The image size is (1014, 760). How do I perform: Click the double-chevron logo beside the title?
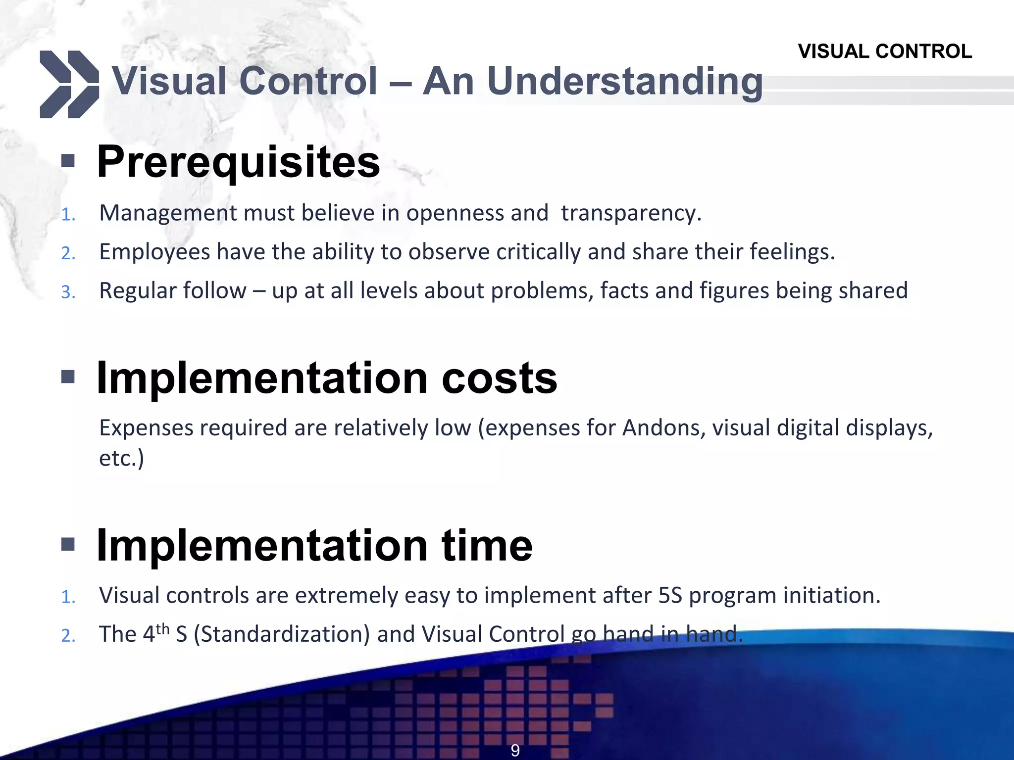pyautogui.click(x=69, y=84)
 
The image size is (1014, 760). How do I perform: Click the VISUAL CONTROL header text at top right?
pyautogui.click(x=884, y=51)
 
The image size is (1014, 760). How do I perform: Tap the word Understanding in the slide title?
pyautogui.click(x=624, y=82)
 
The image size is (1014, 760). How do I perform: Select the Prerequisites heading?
pyautogui.click(x=238, y=162)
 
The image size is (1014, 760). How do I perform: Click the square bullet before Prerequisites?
pyautogui.click(x=68, y=161)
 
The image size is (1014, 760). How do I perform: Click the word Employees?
pyautogui.click(x=154, y=252)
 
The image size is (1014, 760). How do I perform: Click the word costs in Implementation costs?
pyautogui.click(x=499, y=378)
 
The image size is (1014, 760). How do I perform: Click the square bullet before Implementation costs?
pyautogui.click(x=68, y=378)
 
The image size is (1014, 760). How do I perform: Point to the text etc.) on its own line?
pyautogui.click(x=121, y=458)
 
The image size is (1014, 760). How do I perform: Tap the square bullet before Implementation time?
pyautogui.click(x=68, y=545)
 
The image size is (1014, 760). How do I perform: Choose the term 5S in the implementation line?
pyautogui.click(x=670, y=596)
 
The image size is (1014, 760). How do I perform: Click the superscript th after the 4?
pyautogui.click(x=162, y=629)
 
